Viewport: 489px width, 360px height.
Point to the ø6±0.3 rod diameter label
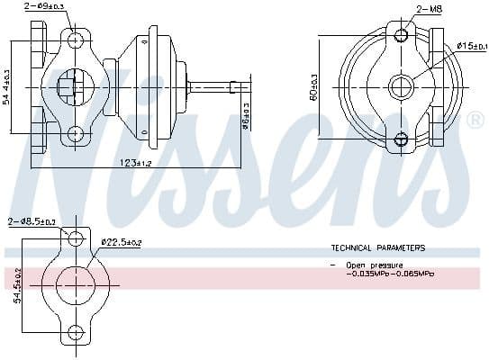(x=246, y=118)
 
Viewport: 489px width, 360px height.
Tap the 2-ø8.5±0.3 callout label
(x=32, y=221)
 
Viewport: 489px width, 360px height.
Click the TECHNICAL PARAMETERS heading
(x=377, y=247)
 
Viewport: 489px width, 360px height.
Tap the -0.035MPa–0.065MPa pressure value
(x=389, y=274)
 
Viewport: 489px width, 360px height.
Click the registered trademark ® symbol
(x=476, y=119)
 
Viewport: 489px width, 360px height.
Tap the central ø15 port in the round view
(x=401, y=87)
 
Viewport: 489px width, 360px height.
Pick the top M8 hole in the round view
(x=401, y=37)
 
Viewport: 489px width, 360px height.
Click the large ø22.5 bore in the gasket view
(x=76, y=286)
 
